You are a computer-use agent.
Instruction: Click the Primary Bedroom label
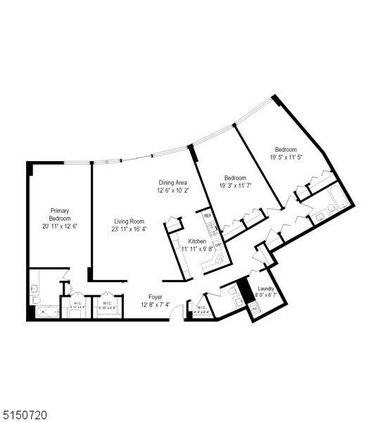59,214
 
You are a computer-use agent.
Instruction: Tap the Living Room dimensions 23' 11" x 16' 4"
129,229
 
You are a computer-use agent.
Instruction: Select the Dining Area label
172,183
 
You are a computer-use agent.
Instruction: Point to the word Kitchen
197,241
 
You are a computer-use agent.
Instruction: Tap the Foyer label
156,297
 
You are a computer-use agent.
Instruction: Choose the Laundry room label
266,288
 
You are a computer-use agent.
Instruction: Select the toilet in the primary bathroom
36,300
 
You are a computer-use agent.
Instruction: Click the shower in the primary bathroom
47,313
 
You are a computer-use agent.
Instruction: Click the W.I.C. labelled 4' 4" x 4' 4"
201,309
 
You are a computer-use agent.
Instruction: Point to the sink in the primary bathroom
34,289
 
